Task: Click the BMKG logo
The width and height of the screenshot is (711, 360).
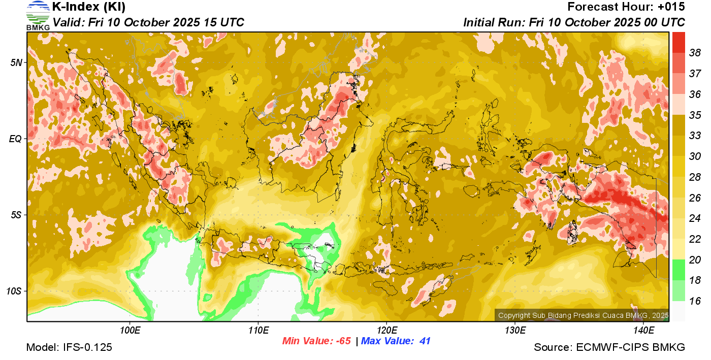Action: tap(38, 15)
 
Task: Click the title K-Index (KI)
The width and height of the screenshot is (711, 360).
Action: tap(89, 7)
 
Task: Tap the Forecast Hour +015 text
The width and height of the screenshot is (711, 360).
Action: tap(626, 7)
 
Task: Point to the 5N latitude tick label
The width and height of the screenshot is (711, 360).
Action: tap(17, 62)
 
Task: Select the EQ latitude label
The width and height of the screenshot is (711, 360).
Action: tap(16, 139)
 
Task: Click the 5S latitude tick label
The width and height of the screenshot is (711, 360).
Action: tap(17, 215)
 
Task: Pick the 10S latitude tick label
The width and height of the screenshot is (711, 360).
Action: tap(15, 291)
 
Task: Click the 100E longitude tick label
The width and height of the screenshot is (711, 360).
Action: tap(130, 330)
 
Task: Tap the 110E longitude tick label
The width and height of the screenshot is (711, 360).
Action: tap(258, 330)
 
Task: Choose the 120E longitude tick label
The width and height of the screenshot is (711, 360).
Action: tap(386, 330)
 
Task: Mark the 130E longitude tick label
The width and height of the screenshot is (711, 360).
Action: tap(515, 330)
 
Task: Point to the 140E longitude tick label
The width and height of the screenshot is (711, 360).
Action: tap(643, 330)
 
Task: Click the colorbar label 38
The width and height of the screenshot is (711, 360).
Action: tap(695, 53)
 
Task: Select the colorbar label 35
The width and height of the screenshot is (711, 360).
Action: tap(695, 115)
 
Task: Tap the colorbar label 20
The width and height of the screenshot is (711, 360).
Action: tap(695, 260)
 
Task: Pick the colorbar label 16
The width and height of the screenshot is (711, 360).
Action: tap(695, 301)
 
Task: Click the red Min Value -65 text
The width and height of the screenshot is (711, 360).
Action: tap(316, 341)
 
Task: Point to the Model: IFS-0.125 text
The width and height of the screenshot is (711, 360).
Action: tap(69, 348)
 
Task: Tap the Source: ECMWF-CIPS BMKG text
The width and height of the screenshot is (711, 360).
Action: tap(609, 348)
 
